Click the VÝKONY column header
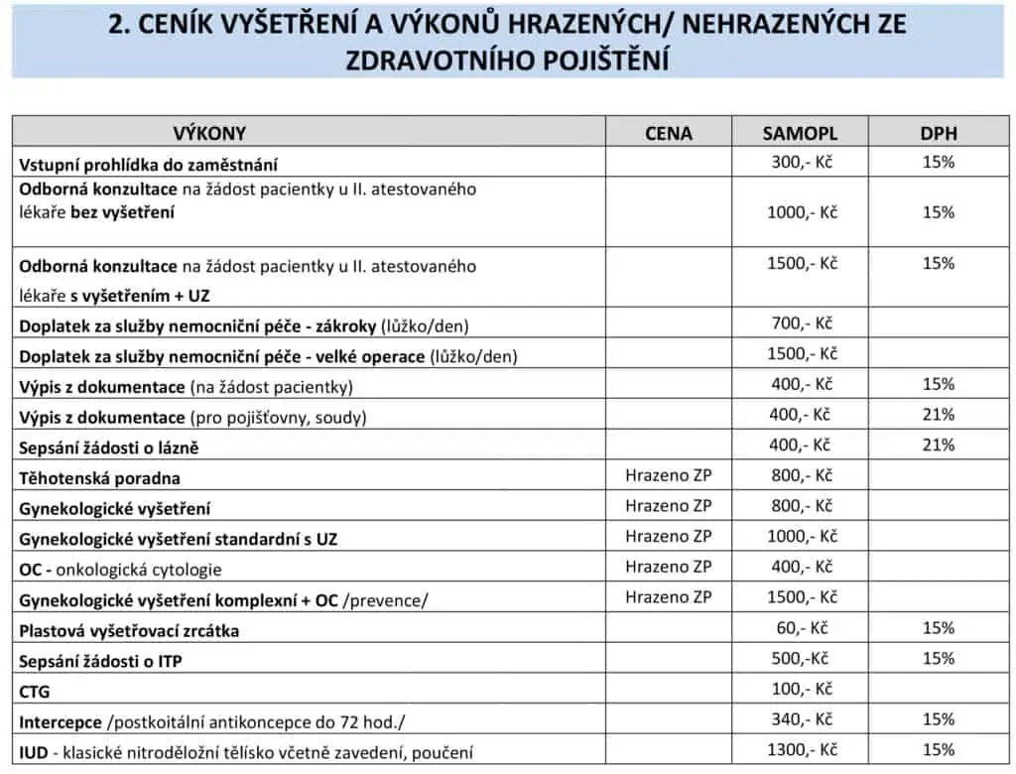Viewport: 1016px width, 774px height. (x=209, y=133)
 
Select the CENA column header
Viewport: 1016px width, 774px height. (x=669, y=133)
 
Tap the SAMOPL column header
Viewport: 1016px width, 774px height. (x=800, y=133)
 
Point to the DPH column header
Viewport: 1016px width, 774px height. (x=938, y=133)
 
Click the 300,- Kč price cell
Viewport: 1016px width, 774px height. (x=801, y=162)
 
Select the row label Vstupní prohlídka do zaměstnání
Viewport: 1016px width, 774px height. (x=149, y=165)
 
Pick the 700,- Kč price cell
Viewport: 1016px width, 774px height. (x=801, y=322)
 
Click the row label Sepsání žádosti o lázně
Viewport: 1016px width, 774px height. (x=109, y=448)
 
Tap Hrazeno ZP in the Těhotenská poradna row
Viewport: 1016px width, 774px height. (x=669, y=475)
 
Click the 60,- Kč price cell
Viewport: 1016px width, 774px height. (x=803, y=627)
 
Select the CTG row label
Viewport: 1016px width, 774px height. (x=35, y=691)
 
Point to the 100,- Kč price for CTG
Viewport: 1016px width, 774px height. (x=801, y=689)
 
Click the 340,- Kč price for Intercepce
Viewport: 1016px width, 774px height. (x=801, y=718)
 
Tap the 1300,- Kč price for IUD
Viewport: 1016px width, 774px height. (x=801, y=749)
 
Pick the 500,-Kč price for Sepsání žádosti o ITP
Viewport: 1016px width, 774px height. (x=801, y=658)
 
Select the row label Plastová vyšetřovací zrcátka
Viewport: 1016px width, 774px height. (x=129, y=630)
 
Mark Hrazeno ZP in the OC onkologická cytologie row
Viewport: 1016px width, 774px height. (x=669, y=567)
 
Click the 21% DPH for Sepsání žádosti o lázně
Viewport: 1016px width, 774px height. (x=938, y=445)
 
